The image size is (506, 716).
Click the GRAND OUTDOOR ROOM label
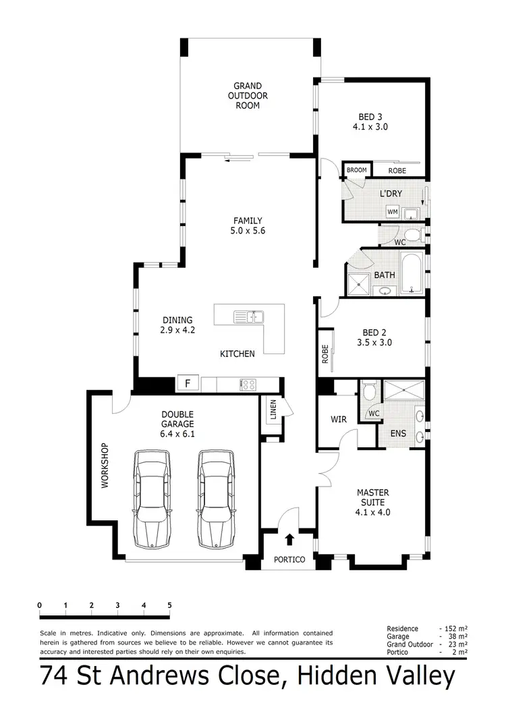[247, 95]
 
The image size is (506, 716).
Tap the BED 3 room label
[370, 121]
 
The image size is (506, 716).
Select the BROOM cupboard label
[356, 170]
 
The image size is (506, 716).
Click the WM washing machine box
[392, 212]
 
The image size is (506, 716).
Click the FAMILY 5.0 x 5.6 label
[248, 225]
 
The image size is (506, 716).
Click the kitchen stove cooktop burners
[248, 385]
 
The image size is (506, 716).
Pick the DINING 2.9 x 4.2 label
[177, 325]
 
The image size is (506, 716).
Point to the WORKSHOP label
[105, 466]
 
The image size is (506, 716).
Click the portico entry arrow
[289, 539]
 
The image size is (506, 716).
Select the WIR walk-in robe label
[339, 420]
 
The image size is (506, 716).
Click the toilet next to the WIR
[369, 391]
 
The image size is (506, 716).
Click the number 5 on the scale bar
[169, 605]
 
